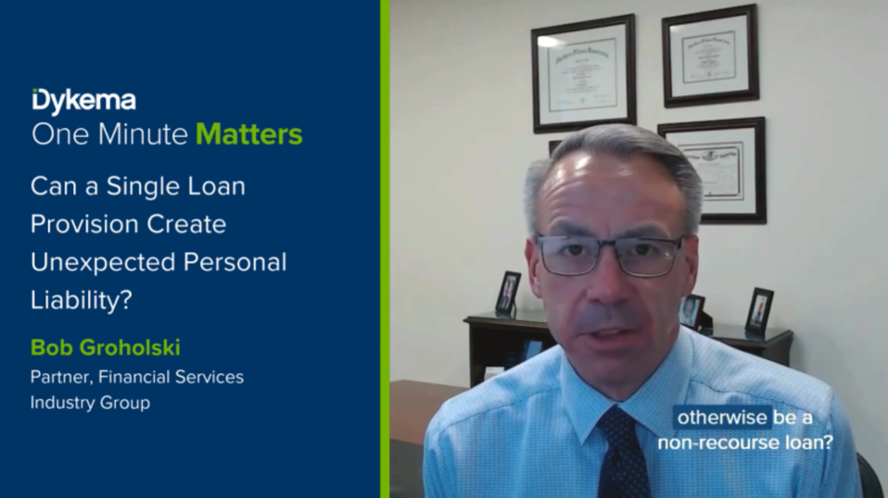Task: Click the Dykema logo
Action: [x=83, y=100]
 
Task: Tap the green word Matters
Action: [x=249, y=134]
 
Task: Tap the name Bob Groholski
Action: [x=105, y=347]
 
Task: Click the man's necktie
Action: [x=623, y=454]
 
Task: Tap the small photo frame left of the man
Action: [x=507, y=293]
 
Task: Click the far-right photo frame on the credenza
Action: [x=759, y=311]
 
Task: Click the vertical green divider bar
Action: [x=385, y=249]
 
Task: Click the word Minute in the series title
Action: [x=144, y=134]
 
